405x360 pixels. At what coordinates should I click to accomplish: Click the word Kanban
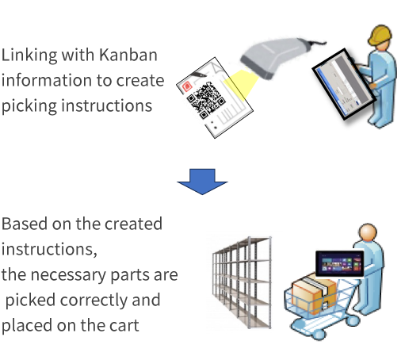pos(128,55)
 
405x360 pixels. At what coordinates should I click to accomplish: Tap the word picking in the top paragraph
pos(29,106)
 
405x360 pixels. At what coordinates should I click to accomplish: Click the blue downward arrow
pos(202,182)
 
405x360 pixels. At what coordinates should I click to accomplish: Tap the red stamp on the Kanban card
pos(187,86)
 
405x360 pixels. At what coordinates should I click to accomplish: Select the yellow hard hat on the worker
pos(380,35)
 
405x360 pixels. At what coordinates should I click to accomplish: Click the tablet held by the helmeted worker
pos(344,84)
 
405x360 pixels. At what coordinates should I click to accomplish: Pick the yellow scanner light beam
pos(241,84)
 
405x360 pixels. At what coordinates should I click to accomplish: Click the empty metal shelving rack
pos(242,282)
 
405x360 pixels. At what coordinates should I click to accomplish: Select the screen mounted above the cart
pos(339,263)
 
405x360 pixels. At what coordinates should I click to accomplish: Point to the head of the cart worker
pos(368,232)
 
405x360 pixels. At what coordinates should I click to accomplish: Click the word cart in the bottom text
pos(124,326)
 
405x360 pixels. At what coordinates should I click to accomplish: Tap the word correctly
pos(94,301)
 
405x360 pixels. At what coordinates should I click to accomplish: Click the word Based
pos(25,224)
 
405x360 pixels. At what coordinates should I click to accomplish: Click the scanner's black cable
pos(315,42)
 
